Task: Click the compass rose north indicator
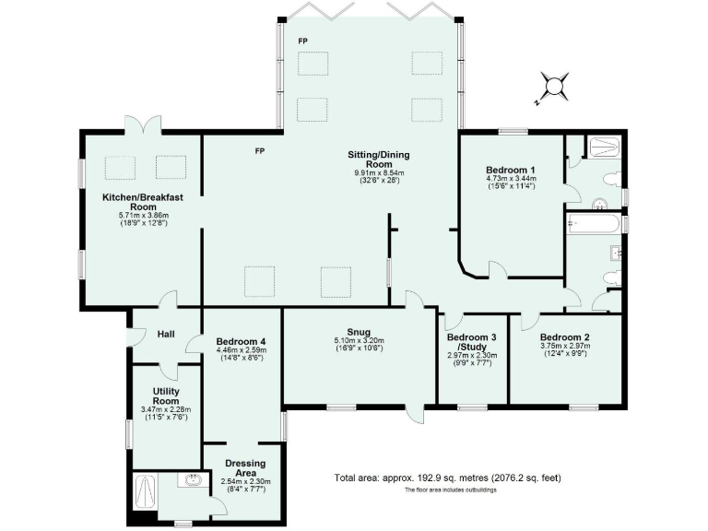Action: coord(553,88)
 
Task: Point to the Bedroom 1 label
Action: coord(511,171)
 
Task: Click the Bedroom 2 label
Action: coord(565,337)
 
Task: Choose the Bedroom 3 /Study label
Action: coord(472,342)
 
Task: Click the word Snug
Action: coord(359,331)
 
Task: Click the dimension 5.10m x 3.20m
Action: coord(359,341)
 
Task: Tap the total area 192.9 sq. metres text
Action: coord(447,478)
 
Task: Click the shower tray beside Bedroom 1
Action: coord(605,146)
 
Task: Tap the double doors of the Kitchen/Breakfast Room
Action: coord(138,124)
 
